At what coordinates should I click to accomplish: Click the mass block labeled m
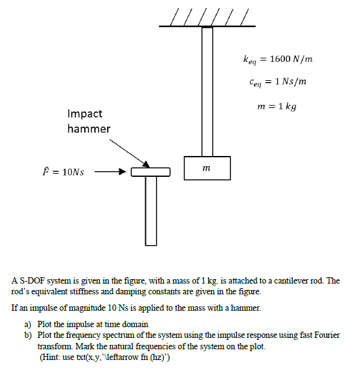click(x=208, y=167)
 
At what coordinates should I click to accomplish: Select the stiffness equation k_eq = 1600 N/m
click(x=278, y=59)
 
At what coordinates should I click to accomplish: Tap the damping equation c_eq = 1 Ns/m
click(x=278, y=82)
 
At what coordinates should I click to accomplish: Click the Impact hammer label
click(x=88, y=121)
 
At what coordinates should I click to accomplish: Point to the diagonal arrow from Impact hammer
click(x=129, y=152)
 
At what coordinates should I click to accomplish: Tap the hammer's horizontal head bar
click(x=150, y=172)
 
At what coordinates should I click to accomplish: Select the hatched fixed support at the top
click(x=207, y=18)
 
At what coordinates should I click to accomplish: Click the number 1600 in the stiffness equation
click(x=280, y=59)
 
